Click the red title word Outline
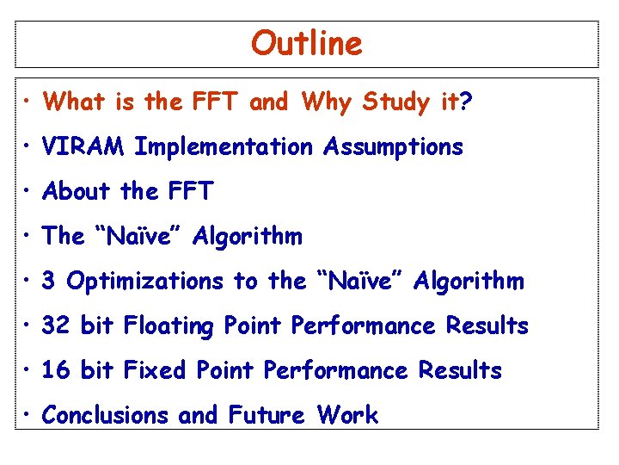click(307, 43)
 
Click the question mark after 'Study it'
click(466, 102)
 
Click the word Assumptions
click(393, 147)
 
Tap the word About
click(77, 191)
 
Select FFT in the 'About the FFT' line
click(188, 191)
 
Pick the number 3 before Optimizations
click(49, 282)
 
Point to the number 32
click(56, 326)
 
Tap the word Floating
click(169, 326)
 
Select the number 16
click(56, 371)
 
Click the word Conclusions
click(106, 416)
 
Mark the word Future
click(267, 416)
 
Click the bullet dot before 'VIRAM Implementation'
click(28, 148)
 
